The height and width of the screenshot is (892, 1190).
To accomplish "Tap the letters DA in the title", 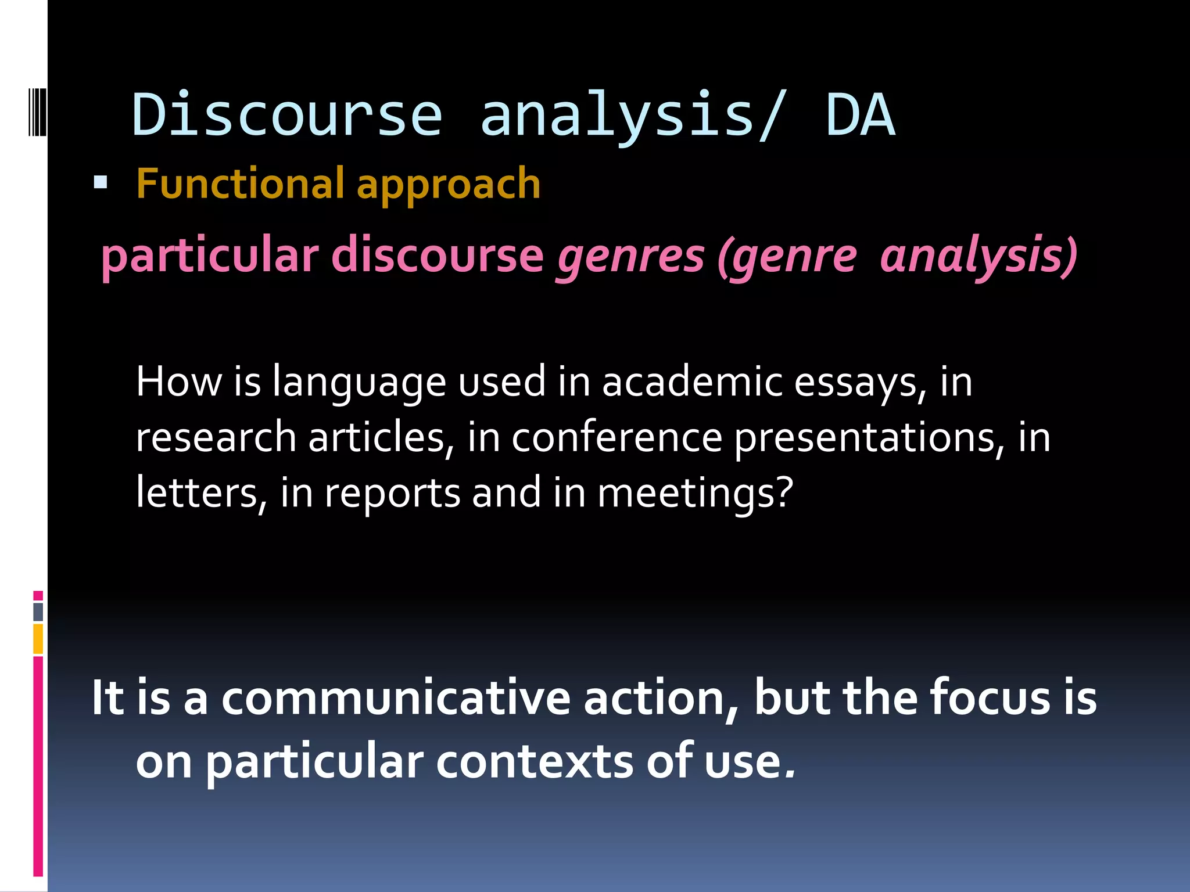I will click(860, 115).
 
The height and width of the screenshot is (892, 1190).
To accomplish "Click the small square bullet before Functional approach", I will click(101, 184).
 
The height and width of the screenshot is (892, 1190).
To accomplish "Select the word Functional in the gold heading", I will click(240, 184).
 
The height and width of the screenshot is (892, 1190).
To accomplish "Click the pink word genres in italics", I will click(631, 257).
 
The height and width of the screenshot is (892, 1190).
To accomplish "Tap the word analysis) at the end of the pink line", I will click(978, 257).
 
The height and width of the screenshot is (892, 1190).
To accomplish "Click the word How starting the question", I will click(178, 382).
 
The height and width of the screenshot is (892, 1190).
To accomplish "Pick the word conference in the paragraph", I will click(616, 437).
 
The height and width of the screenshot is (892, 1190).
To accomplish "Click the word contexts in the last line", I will click(535, 762).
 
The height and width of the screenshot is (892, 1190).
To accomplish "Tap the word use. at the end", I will click(750, 762).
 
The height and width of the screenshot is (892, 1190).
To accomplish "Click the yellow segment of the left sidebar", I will click(38, 639).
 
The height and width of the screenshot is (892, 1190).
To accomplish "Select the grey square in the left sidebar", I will click(38, 612).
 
